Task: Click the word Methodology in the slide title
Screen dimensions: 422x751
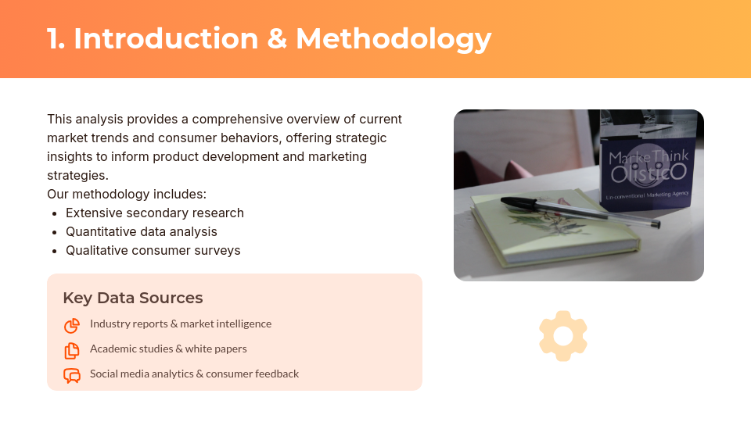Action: [x=393, y=39]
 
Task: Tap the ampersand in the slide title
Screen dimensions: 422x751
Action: [x=277, y=39]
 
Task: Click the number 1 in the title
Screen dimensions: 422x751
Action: [x=54, y=39]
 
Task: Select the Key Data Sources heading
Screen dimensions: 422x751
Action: [x=132, y=298]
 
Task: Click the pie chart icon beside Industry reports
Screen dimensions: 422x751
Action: [x=72, y=325]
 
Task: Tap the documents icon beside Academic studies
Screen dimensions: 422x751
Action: [x=72, y=350]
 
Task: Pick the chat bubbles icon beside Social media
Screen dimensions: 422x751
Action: [x=72, y=375]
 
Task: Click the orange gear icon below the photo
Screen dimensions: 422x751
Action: [x=563, y=336]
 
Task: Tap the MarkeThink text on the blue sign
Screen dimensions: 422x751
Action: [x=649, y=158]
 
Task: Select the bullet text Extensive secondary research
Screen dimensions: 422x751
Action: [x=155, y=213]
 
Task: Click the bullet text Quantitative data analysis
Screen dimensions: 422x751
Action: [x=142, y=231]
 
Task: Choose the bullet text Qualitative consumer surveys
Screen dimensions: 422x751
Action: [x=153, y=250]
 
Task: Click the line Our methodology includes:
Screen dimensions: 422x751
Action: [x=127, y=194]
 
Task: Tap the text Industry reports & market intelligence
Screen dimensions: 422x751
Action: [x=181, y=324]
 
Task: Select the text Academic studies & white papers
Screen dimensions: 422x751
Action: [x=168, y=349]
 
